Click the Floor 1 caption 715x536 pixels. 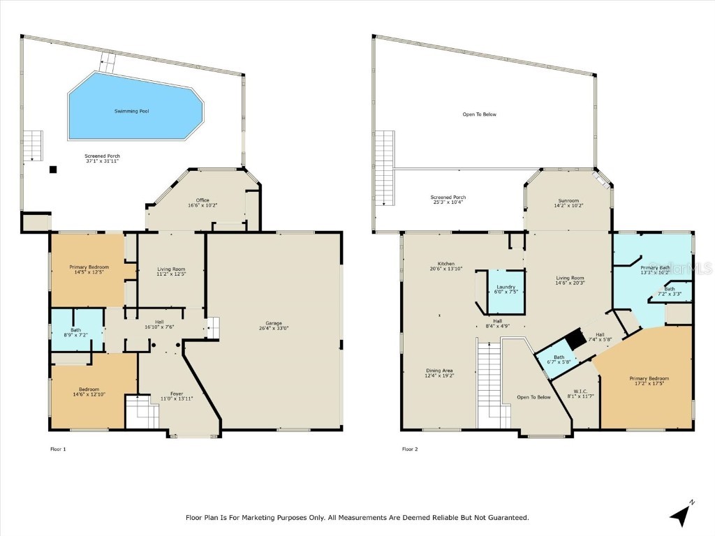tap(58, 449)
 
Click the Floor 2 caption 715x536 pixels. tap(410, 449)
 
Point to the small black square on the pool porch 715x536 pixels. tap(52, 169)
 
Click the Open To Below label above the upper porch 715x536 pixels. tap(480, 114)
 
